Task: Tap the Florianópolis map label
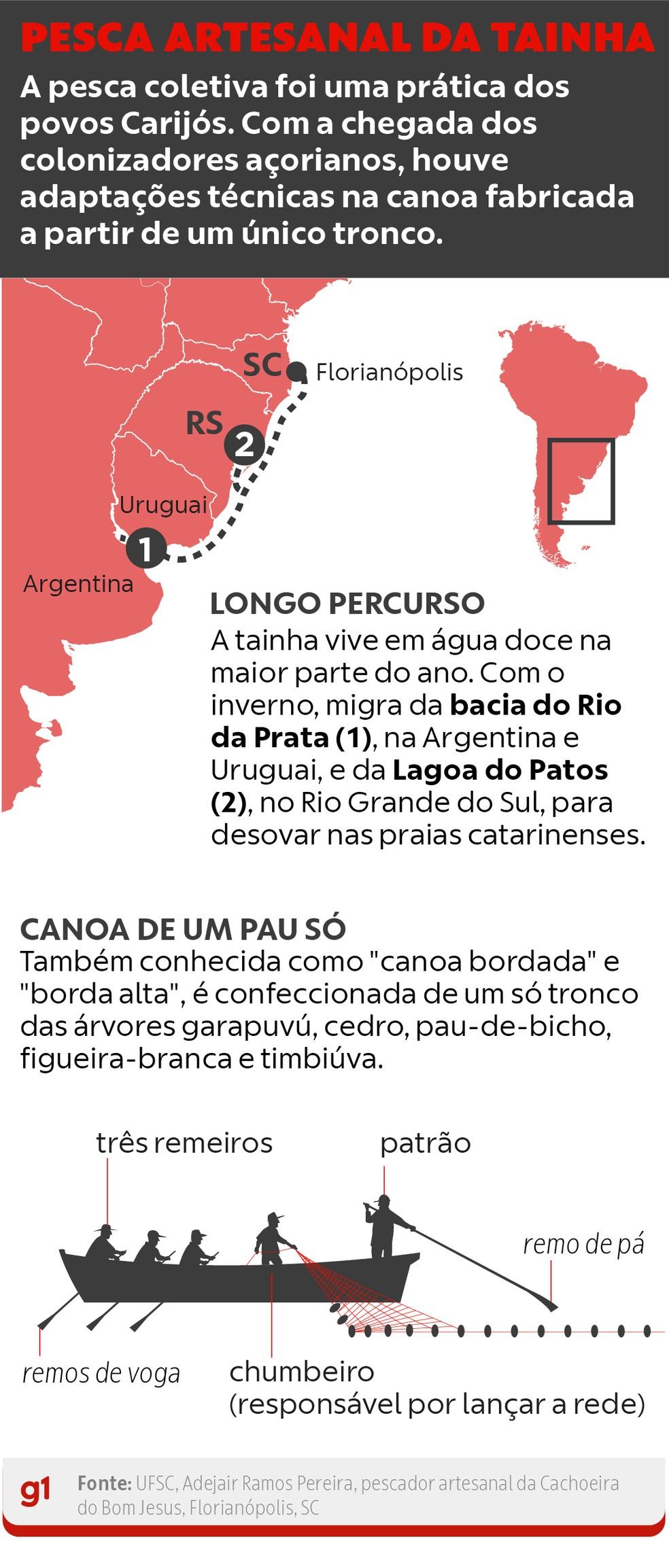pos(390,373)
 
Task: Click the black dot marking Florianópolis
pos(296,371)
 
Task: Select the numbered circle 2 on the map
pos(244,445)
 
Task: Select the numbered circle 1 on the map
pos(145,548)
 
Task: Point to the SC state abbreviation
pos(262,365)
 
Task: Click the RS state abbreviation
pos(204,423)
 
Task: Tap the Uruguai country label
pos(163,505)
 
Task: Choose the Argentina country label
pos(78,584)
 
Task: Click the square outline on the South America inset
pos(581,481)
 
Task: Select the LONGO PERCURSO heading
pos(347,604)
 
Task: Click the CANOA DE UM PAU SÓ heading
pos(183,929)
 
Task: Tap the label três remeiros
pos(184,1143)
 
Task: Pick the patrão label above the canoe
pos(425,1143)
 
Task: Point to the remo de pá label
pos(583,1244)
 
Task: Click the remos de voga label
pos(101,1374)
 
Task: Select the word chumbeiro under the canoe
pos(302,1372)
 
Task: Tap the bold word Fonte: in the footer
pos(104,1483)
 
